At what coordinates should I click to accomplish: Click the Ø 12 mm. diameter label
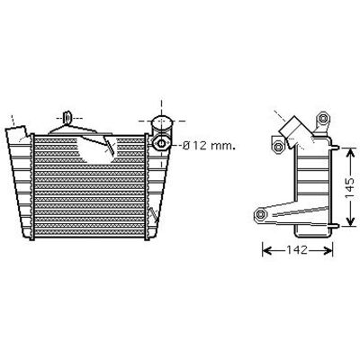pyautogui.click(x=209, y=146)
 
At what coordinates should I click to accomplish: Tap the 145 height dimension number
pyautogui.click(x=350, y=188)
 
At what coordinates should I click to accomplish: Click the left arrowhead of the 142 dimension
pyautogui.click(x=267, y=250)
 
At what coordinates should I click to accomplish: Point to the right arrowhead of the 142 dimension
pyautogui.click(x=328, y=250)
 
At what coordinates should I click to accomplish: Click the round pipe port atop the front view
pyautogui.click(x=162, y=122)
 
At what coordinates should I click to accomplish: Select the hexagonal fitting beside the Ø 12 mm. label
pyautogui.click(x=161, y=143)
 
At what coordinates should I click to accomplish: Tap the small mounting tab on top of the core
pyautogui.click(x=67, y=117)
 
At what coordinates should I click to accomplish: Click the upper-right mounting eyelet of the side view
pyautogui.click(x=323, y=118)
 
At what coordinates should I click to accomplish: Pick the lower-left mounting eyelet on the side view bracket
pyautogui.click(x=260, y=215)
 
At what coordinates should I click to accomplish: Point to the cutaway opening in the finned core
pyautogui.click(x=95, y=148)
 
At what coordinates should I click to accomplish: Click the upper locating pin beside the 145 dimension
pyautogui.click(x=335, y=148)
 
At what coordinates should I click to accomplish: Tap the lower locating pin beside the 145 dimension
pyautogui.click(x=335, y=226)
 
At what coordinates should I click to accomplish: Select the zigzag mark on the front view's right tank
pyautogui.click(x=154, y=213)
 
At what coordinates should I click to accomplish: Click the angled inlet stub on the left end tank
pyautogui.click(x=17, y=134)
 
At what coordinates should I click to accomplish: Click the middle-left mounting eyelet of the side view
pyautogui.click(x=279, y=147)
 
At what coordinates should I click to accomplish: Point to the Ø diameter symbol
pyautogui.click(x=186, y=146)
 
